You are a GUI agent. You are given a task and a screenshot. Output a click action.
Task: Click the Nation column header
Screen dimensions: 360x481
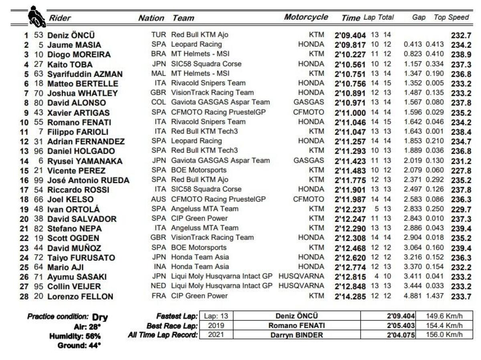click(x=151, y=18)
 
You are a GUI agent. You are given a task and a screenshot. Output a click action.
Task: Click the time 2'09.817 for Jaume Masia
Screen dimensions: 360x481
click(x=350, y=45)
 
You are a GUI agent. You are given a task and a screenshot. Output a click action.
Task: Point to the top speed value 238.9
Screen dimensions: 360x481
click(x=461, y=55)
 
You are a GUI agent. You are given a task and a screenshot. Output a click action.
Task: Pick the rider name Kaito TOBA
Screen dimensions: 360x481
click(x=70, y=65)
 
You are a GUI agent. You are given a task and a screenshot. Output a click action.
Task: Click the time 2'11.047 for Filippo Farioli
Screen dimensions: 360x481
click(x=350, y=132)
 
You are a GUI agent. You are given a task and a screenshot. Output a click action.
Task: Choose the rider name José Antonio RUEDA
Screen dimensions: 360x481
click(x=88, y=180)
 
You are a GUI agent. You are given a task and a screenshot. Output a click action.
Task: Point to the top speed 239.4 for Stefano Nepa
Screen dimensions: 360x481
click(x=461, y=229)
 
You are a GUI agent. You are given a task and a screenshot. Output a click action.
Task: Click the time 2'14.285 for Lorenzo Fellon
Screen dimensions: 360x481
click(x=350, y=296)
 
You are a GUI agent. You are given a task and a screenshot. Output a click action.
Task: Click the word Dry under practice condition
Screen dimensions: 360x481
click(x=100, y=318)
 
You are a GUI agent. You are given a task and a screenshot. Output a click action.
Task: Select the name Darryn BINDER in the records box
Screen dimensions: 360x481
click(x=297, y=335)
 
